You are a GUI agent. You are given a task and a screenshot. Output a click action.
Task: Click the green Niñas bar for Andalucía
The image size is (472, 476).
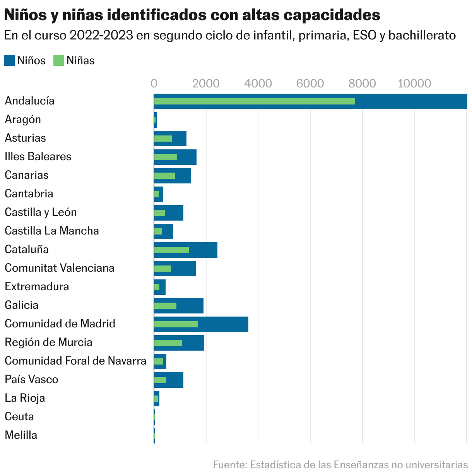click(255, 101)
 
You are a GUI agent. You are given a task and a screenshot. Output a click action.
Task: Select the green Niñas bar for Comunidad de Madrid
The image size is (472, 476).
click(176, 324)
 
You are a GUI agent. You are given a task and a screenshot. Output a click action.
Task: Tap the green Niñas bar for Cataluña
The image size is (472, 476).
click(171, 250)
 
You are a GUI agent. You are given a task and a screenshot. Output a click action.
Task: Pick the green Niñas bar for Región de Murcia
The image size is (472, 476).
click(168, 343)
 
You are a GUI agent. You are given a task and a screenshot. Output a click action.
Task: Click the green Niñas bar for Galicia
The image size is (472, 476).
click(165, 306)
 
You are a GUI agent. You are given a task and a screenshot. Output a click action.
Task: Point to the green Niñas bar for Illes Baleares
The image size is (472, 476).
click(166, 157)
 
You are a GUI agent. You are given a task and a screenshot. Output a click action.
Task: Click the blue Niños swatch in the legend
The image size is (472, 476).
click(9, 60)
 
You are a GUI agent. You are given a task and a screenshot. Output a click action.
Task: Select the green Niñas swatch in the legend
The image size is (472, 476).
click(58, 60)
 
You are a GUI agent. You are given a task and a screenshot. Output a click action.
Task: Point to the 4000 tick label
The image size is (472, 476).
click(258, 84)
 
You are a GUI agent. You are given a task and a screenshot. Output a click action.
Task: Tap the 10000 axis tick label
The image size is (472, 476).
click(414, 84)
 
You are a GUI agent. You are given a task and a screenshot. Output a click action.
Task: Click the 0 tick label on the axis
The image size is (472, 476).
click(154, 84)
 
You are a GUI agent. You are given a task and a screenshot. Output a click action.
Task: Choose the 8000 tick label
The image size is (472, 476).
click(362, 84)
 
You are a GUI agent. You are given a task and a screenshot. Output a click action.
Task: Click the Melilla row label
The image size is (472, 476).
click(21, 435)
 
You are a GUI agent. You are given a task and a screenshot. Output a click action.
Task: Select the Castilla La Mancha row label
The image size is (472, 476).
click(52, 231)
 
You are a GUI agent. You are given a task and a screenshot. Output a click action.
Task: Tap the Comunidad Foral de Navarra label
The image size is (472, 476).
click(75, 361)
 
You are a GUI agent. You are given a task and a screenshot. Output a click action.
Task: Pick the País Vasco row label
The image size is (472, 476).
click(31, 380)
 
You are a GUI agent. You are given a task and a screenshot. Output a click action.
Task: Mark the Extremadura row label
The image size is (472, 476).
click(37, 287)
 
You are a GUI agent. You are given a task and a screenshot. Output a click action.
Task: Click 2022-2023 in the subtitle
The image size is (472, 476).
click(102, 36)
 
